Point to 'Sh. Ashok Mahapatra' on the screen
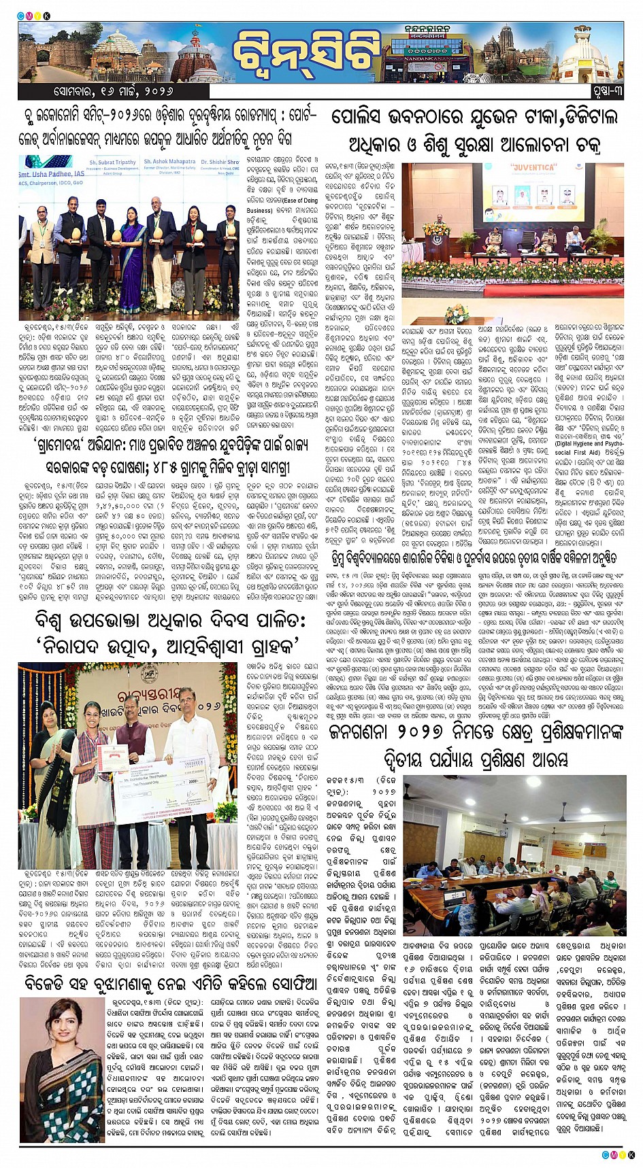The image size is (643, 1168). point(167,162)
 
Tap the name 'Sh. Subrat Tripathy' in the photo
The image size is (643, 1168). point(112,162)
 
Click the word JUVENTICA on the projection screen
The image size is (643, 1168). point(529,167)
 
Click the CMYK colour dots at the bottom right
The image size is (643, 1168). point(617,1154)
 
